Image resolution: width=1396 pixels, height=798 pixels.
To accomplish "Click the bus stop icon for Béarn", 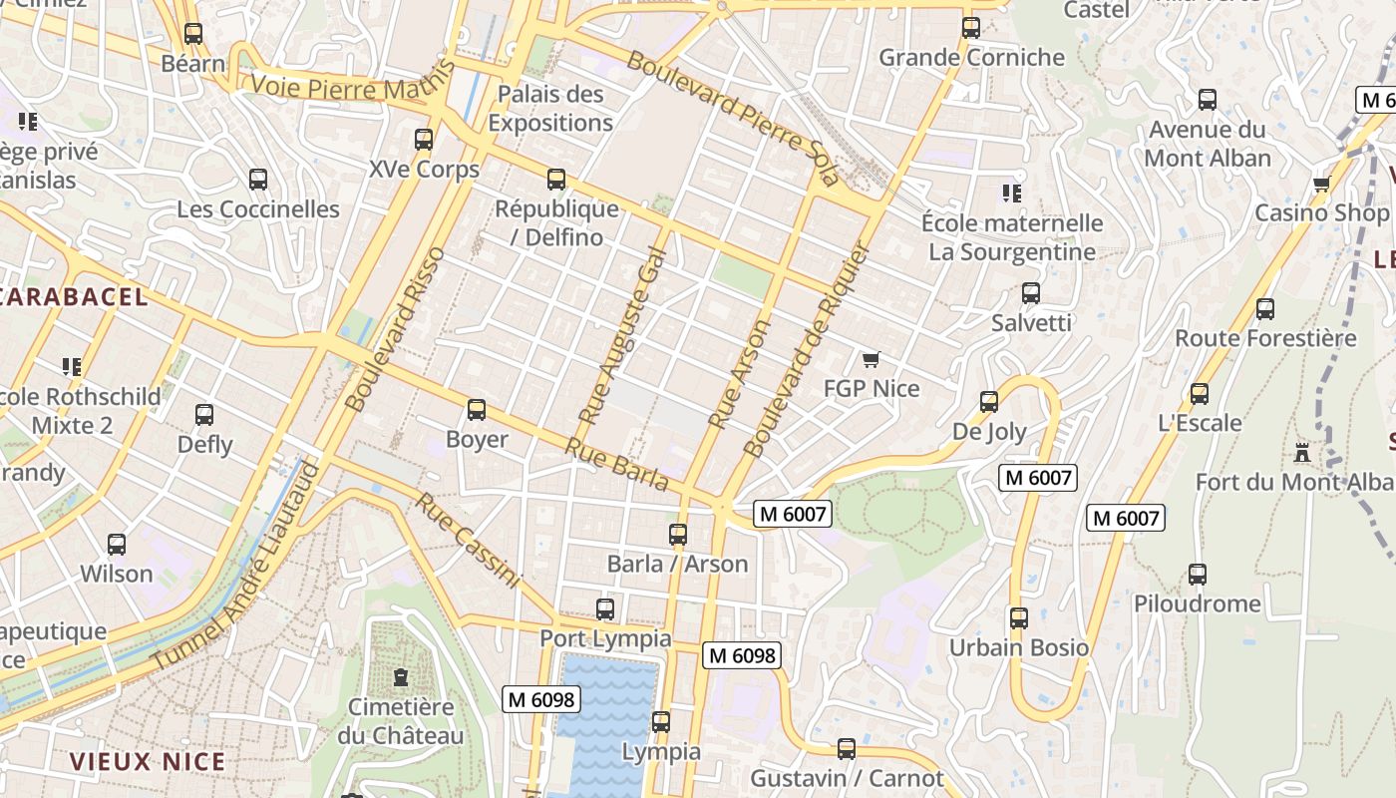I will tap(193, 34).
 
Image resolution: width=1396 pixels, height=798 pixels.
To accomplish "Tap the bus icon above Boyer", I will tap(477, 410).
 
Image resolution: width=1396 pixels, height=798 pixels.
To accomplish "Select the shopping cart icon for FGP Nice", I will tap(872, 359).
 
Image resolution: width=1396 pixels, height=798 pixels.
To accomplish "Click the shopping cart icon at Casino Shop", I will tap(1322, 184).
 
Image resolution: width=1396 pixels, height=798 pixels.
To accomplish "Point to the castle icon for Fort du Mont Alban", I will tap(1302, 452).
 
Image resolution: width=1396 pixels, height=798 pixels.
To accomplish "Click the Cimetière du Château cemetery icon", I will tap(401, 677).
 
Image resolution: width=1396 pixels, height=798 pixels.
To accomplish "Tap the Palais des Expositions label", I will tap(550, 109).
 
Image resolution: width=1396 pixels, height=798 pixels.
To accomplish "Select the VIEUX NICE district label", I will tap(148, 762).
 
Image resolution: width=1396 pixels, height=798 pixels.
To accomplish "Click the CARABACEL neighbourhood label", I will tap(74, 296).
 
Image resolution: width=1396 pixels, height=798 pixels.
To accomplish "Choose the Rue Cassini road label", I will tap(469, 540).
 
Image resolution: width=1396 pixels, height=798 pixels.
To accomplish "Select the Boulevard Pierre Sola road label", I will tap(733, 118).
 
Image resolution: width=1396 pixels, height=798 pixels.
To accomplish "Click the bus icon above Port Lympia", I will tap(605, 608).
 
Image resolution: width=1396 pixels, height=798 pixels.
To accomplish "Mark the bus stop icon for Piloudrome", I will tap(1198, 575).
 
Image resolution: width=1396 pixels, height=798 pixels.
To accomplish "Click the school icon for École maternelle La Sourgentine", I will tap(1012, 194).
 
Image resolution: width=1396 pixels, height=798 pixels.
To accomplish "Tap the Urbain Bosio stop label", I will tap(1018, 647).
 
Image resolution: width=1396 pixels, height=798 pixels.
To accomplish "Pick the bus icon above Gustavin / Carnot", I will tap(847, 748).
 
